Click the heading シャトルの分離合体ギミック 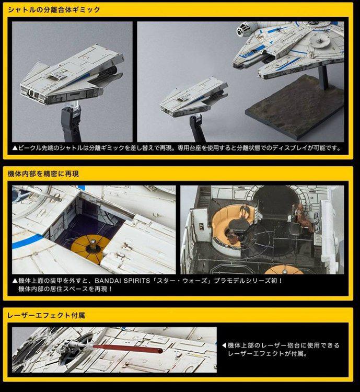[x=54, y=10]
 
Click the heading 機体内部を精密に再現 [x=43, y=174]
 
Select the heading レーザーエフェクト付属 [x=47, y=315]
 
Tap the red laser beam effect [x=127, y=349]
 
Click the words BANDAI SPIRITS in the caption [x=122, y=281]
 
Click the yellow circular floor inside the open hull [x=90, y=248]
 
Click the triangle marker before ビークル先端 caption [x=15, y=148]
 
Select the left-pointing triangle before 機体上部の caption [x=224, y=345]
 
